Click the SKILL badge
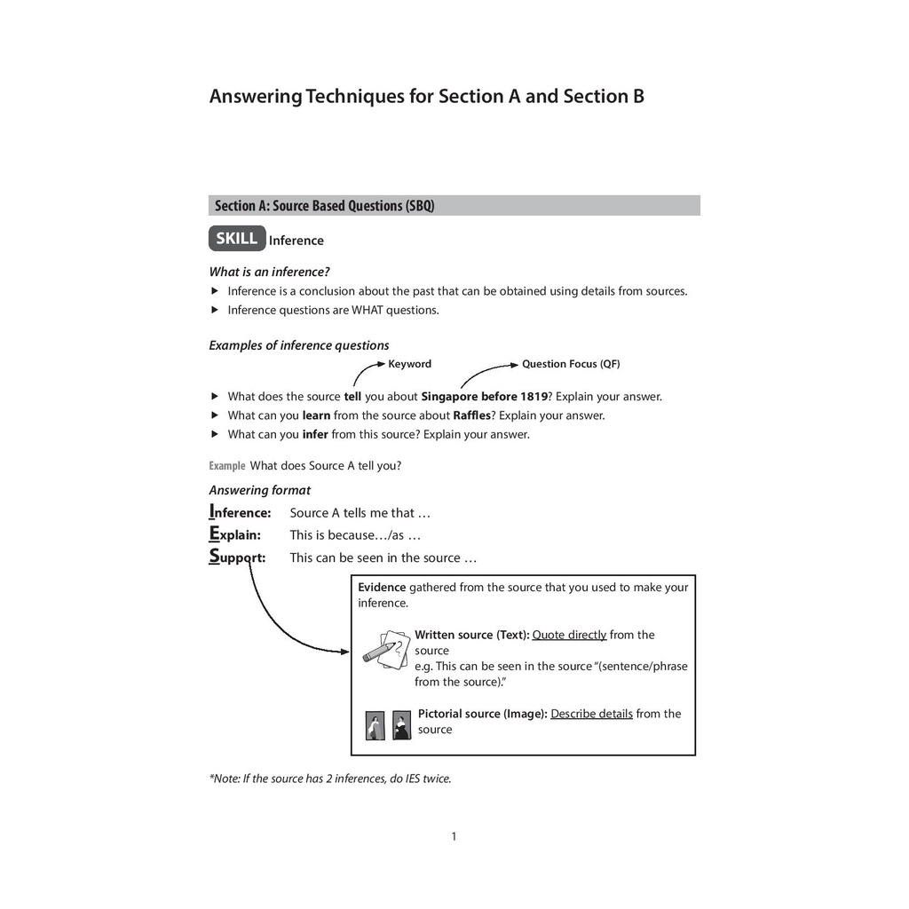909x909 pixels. point(236,239)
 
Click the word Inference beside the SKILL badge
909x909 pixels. point(296,241)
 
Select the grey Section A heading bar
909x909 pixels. point(454,206)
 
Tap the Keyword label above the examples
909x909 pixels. point(409,364)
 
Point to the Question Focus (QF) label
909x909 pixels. point(571,364)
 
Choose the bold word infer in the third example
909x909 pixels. point(315,434)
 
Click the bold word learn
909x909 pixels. point(316,415)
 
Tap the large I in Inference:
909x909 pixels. point(212,510)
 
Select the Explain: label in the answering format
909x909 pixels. point(235,534)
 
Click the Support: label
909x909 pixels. point(237,557)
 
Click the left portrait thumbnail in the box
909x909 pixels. point(375,725)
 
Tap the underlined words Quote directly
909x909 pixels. point(569,635)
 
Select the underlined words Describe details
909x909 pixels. point(591,714)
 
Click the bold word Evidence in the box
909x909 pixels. point(382,587)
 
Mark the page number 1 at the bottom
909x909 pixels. point(454,836)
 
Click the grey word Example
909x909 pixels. point(227,465)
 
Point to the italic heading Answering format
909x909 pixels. point(260,490)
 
